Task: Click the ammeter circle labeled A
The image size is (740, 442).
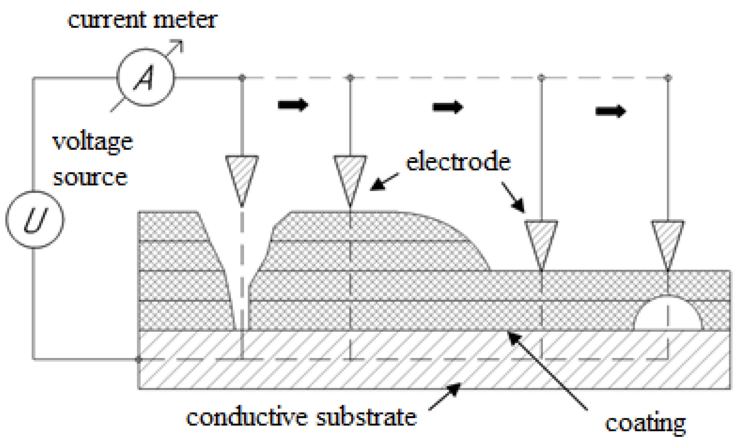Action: tap(145, 77)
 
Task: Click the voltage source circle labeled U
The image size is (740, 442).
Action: tap(35, 220)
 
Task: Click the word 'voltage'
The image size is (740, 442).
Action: tap(93, 142)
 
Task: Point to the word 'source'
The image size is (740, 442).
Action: tap(90, 177)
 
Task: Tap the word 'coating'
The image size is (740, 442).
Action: tap(645, 423)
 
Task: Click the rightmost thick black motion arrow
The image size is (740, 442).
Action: tap(611, 111)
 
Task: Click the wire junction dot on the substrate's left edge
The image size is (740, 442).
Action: tap(138, 360)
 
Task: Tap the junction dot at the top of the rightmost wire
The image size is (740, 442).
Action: tap(668, 78)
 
